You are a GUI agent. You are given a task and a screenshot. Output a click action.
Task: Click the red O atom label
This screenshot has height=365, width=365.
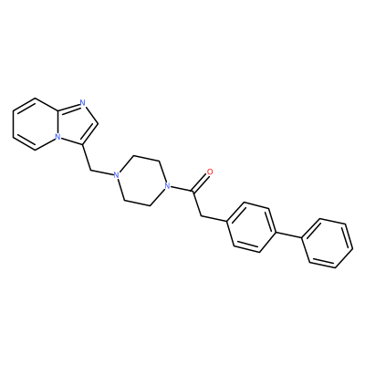coord(209,172)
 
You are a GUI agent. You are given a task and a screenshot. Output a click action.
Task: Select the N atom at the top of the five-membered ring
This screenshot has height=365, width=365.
coord(82,103)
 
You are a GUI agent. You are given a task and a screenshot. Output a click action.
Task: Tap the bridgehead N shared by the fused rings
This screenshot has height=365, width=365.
coord(57,137)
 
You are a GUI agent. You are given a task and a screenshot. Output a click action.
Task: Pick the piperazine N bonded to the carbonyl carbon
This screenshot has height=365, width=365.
coord(166,185)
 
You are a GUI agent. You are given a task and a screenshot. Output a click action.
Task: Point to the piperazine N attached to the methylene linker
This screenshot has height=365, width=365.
coord(115,175)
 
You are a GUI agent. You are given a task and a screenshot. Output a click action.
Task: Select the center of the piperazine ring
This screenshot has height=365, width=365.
coord(141,181)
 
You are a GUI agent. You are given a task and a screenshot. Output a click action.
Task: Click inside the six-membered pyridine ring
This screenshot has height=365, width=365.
coord(36,124)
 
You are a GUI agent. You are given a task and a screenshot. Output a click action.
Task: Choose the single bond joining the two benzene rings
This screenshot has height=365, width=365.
coord(289,235)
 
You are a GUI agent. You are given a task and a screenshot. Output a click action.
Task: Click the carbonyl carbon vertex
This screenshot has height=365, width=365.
coord(193,191)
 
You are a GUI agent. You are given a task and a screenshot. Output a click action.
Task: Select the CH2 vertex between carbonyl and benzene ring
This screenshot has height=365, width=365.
coord(201,216)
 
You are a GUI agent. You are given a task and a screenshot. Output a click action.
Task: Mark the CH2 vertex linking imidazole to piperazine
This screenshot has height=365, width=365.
coord(90,170)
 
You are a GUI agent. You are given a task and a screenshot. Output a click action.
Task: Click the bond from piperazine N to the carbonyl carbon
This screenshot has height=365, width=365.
coord(180,188)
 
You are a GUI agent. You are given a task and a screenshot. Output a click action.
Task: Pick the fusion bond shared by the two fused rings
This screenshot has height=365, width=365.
coord(57,124)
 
